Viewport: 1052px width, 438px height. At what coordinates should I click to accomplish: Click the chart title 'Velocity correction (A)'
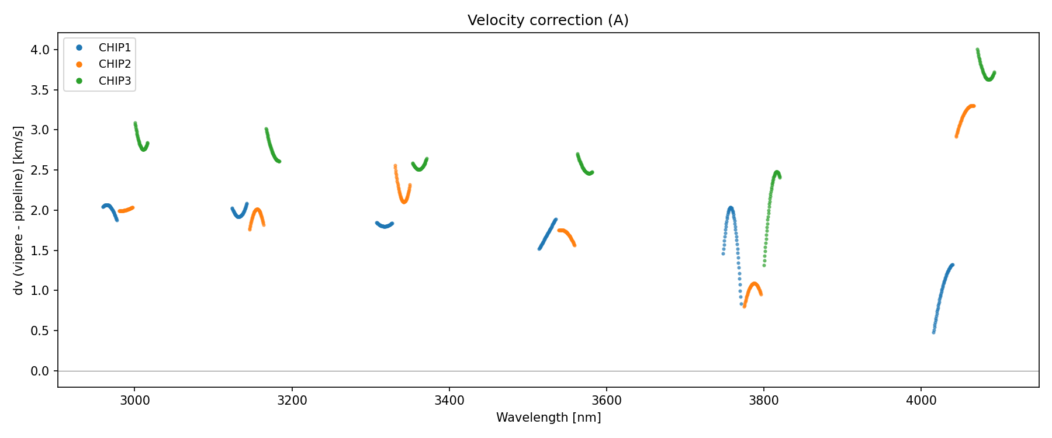tap(548, 20)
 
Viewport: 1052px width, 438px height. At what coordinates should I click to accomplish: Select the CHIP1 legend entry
tap(115, 48)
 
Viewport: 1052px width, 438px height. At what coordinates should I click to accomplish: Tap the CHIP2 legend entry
tap(115, 64)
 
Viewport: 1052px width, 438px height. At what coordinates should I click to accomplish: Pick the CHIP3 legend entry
tap(115, 81)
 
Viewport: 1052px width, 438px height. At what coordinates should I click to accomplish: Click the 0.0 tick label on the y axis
tap(40, 371)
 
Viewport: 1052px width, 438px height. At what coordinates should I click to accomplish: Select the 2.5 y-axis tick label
tap(40, 171)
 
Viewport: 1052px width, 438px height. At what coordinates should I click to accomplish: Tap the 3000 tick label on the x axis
tap(134, 401)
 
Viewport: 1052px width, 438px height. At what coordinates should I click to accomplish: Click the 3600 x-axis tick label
tap(607, 401)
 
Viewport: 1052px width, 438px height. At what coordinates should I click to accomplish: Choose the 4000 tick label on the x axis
tap(921, 401)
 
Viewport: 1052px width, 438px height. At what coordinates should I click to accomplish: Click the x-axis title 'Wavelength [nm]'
tap(548, 418)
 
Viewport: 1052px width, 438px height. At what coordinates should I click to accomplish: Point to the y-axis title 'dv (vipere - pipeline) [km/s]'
tap(19, 210)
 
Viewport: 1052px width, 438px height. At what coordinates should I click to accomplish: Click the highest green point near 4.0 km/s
tap(977, 50)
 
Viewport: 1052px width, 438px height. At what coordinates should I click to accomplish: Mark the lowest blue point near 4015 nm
tap(933, 332)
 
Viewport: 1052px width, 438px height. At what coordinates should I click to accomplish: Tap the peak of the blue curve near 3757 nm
tap(731, 208)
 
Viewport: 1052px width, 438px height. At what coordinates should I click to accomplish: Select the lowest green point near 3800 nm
tap(764, 266)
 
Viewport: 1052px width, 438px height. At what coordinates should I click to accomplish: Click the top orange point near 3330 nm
tap(395, 166)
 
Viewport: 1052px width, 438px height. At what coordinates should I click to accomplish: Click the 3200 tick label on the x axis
tap(292, 401)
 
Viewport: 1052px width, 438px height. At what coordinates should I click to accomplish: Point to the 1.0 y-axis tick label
tap(40, 291)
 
